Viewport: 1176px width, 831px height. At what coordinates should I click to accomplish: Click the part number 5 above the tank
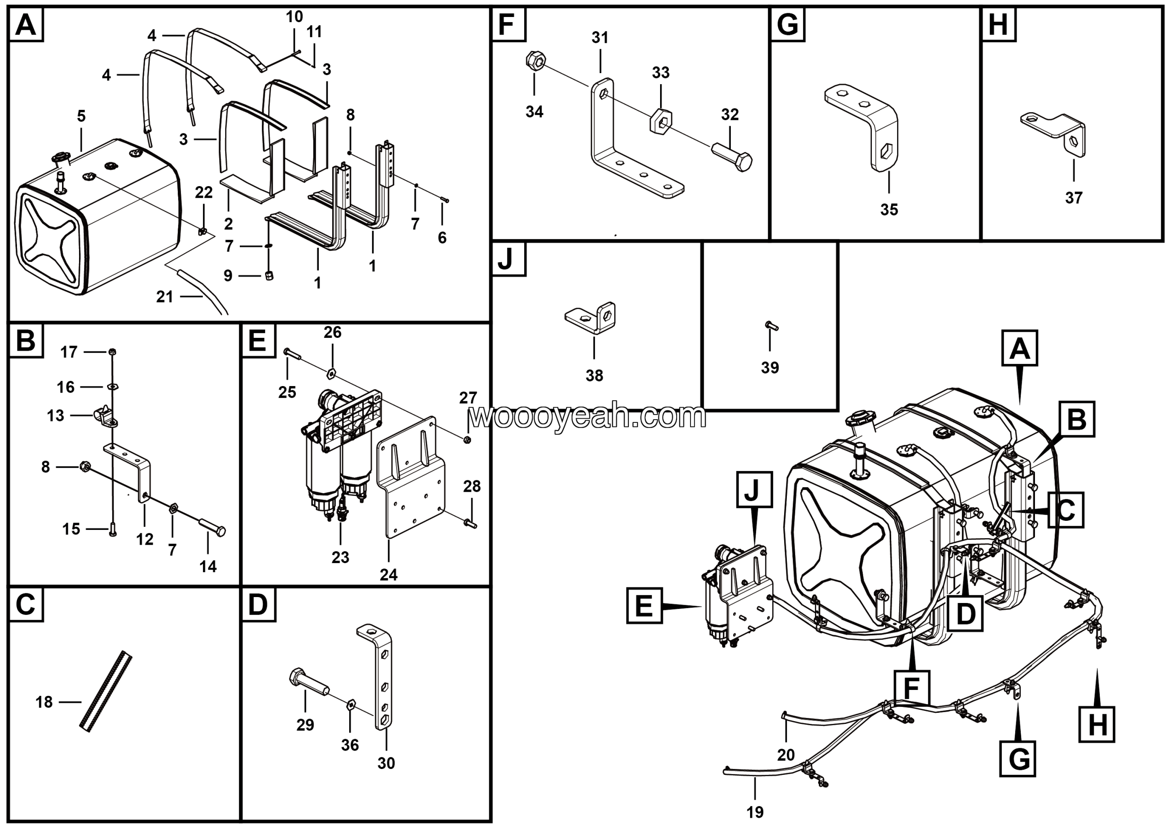pyautogui.click(x=81, y=116)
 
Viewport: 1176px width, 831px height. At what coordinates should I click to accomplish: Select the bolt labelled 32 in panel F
pyautogui.click(x=732, y=156)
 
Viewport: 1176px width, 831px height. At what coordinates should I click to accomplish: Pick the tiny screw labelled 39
pyautogui.click(x=771, y=325)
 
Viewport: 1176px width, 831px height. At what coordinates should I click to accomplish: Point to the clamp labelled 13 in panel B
pyautogui.click(x=105, y=416)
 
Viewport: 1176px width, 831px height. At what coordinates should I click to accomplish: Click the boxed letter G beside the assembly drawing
pyautogui.click(x=1017, y=759)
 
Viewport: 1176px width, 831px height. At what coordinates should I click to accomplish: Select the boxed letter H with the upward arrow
pyautogui.click(x=1097, y=724)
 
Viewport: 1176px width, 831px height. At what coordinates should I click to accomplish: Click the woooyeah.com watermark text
pyautogui.click(x=588, y=416)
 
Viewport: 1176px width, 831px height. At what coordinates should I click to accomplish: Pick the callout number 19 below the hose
pyautogui.click(x=755, y=812)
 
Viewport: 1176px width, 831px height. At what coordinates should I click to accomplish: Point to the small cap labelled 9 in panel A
pyautogui.click(x=269, y=276)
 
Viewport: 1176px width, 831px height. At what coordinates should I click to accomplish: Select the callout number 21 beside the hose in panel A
pyautogui.click(x=164, y=296)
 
